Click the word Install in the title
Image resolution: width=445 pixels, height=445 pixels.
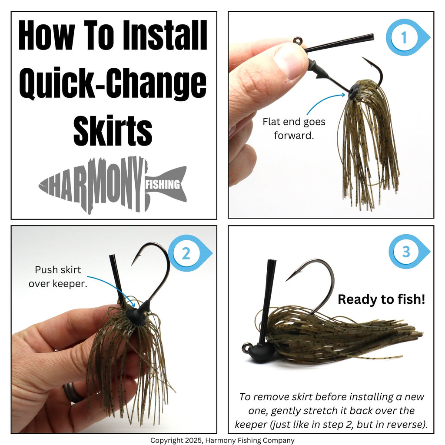click(x=165, y=36)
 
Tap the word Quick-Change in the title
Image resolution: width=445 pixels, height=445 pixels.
click(x=113, y=84)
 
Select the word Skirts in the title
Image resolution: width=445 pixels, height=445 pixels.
click(x=113, y=130)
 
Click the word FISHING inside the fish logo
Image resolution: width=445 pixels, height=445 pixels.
click(x=163, y=184)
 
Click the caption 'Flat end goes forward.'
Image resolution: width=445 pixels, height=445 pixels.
click(x=294, y=129)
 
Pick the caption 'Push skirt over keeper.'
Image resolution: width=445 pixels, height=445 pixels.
click(x=58, y=276)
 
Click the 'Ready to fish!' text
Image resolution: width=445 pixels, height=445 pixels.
click(x=382, y=299)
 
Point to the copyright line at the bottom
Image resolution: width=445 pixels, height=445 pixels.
click(x=222, y=440)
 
